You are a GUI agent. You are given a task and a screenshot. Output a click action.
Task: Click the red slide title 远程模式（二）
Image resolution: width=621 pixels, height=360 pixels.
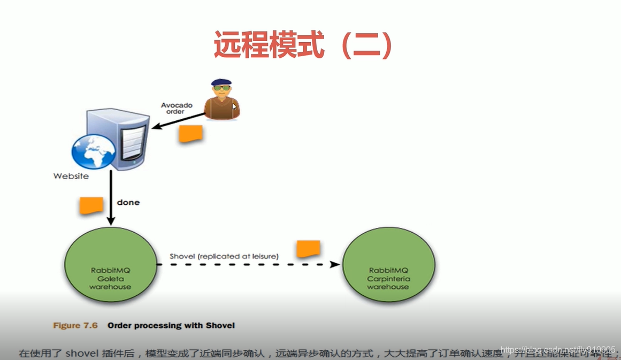(x=303, y=45)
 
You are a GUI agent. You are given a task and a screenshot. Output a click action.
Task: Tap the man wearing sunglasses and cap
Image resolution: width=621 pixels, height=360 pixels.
(x=221, y=99)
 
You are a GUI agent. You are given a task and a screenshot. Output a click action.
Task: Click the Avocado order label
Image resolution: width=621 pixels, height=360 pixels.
(x=177, y=108)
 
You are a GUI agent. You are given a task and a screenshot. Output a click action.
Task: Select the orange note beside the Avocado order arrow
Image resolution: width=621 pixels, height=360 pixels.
(x=190, y=134)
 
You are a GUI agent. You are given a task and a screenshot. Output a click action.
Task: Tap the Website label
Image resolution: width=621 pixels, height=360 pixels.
(x=71, y=176)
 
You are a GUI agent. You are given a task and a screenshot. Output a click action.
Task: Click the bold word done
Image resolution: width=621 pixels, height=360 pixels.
(x=128, y=203)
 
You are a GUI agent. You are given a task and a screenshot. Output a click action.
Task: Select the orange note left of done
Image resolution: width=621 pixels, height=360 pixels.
(x=91, y=205)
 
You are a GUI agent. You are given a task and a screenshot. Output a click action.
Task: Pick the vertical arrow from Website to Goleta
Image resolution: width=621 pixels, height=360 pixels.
(x=111, y=198)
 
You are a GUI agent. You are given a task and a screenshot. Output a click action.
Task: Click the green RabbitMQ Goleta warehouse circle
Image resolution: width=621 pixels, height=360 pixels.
(x=110, y=265)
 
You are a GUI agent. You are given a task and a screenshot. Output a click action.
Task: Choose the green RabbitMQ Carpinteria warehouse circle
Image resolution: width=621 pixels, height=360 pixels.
(x=388, y=265)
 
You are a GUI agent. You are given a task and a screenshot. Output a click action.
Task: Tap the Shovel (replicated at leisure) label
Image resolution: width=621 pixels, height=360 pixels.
(x=224, y=256)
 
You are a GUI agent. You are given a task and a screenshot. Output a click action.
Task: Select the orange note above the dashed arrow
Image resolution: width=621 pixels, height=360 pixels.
(x=309, y=249)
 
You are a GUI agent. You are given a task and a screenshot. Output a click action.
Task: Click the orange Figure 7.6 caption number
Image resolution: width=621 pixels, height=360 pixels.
(x=75, y=325)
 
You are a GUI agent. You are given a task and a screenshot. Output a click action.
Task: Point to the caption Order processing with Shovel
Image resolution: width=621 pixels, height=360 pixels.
(x=171, y=325)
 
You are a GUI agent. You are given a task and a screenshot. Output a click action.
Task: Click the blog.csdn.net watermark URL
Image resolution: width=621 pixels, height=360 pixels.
(x=558, y=349)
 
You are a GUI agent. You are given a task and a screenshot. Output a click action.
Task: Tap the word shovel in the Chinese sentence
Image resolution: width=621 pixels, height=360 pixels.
(x=80, y=353)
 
